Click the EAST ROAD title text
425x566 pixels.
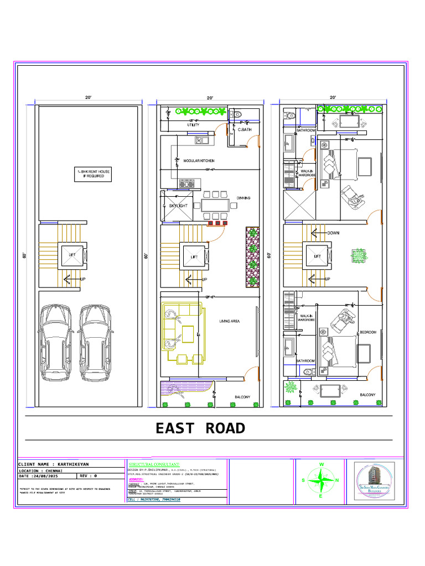pos(200,428)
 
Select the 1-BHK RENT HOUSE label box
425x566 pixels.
pos(93,174)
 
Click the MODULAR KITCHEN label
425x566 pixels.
pos(199,161)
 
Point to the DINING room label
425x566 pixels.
pos(243,198)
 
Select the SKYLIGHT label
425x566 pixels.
pos(178,206)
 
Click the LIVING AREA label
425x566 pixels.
pos(229,321)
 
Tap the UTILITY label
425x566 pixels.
pos(193,125)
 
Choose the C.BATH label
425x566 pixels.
pos(245,129)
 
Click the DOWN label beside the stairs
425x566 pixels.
pos(333,233)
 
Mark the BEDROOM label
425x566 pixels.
pos(368,332)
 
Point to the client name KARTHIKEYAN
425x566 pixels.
pos(54,464)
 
